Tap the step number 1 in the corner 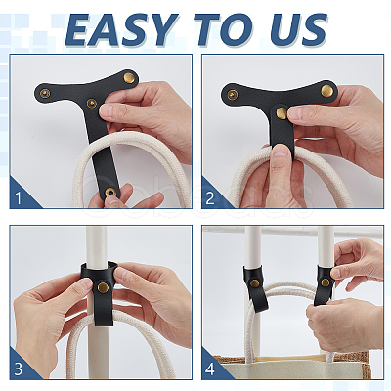tap(18, 198)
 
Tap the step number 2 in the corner tap(210, 198)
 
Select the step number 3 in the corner tap(19, 369)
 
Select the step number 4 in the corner tap(210, 369)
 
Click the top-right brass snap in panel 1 tap(130, 77)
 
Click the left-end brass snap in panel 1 tap(45, 93)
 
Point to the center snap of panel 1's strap tap(91, 103)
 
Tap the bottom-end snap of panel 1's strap tap(110, 193)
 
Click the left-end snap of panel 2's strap tap(233, 95)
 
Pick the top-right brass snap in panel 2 tap(326, 90)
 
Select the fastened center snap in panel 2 tap(282, 112)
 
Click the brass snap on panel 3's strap tap(104, 287)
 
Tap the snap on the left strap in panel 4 tap(254, 283)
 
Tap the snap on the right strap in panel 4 tap(325, 282)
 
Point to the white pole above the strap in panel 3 tap(97, 243)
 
